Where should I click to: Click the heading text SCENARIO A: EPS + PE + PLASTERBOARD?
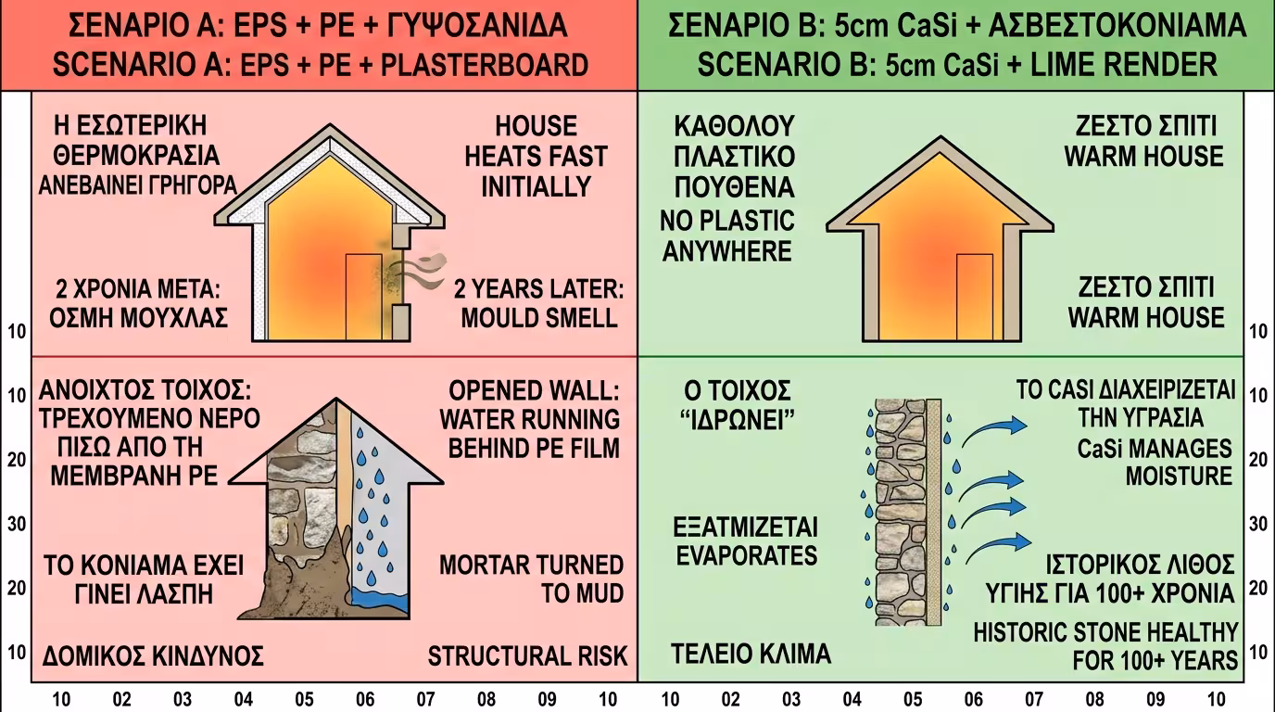coord(320,65)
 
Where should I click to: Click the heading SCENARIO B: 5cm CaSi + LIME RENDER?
coord(957,65)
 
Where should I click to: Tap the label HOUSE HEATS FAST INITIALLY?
coord(536,156)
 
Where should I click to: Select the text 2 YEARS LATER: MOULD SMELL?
coord(539,303)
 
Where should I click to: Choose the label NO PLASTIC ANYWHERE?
coord(727,235)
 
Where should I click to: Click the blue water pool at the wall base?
coord(381,599)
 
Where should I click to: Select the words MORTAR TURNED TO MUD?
coord(531,578)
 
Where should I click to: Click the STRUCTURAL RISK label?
coord(527,656)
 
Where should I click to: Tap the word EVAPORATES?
coord(746,555)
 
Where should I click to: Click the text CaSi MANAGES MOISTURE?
coord(1155,462)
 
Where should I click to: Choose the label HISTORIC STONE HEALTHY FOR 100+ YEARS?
coord(1105,646)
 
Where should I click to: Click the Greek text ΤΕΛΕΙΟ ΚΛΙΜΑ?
coord(751,654)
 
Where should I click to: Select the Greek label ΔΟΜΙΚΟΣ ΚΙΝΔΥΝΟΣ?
coord(153,656)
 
